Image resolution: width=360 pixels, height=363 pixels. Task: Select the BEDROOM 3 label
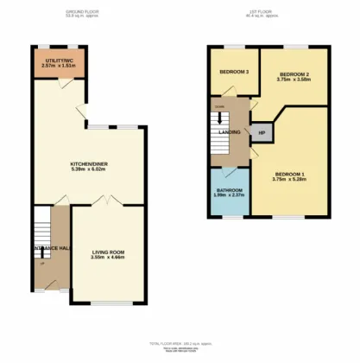click(x=234, y=72)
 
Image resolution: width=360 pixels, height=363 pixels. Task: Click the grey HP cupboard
click(x=262, y=133)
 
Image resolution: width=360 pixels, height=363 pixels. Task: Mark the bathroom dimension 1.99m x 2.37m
click(x=229, y=194)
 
